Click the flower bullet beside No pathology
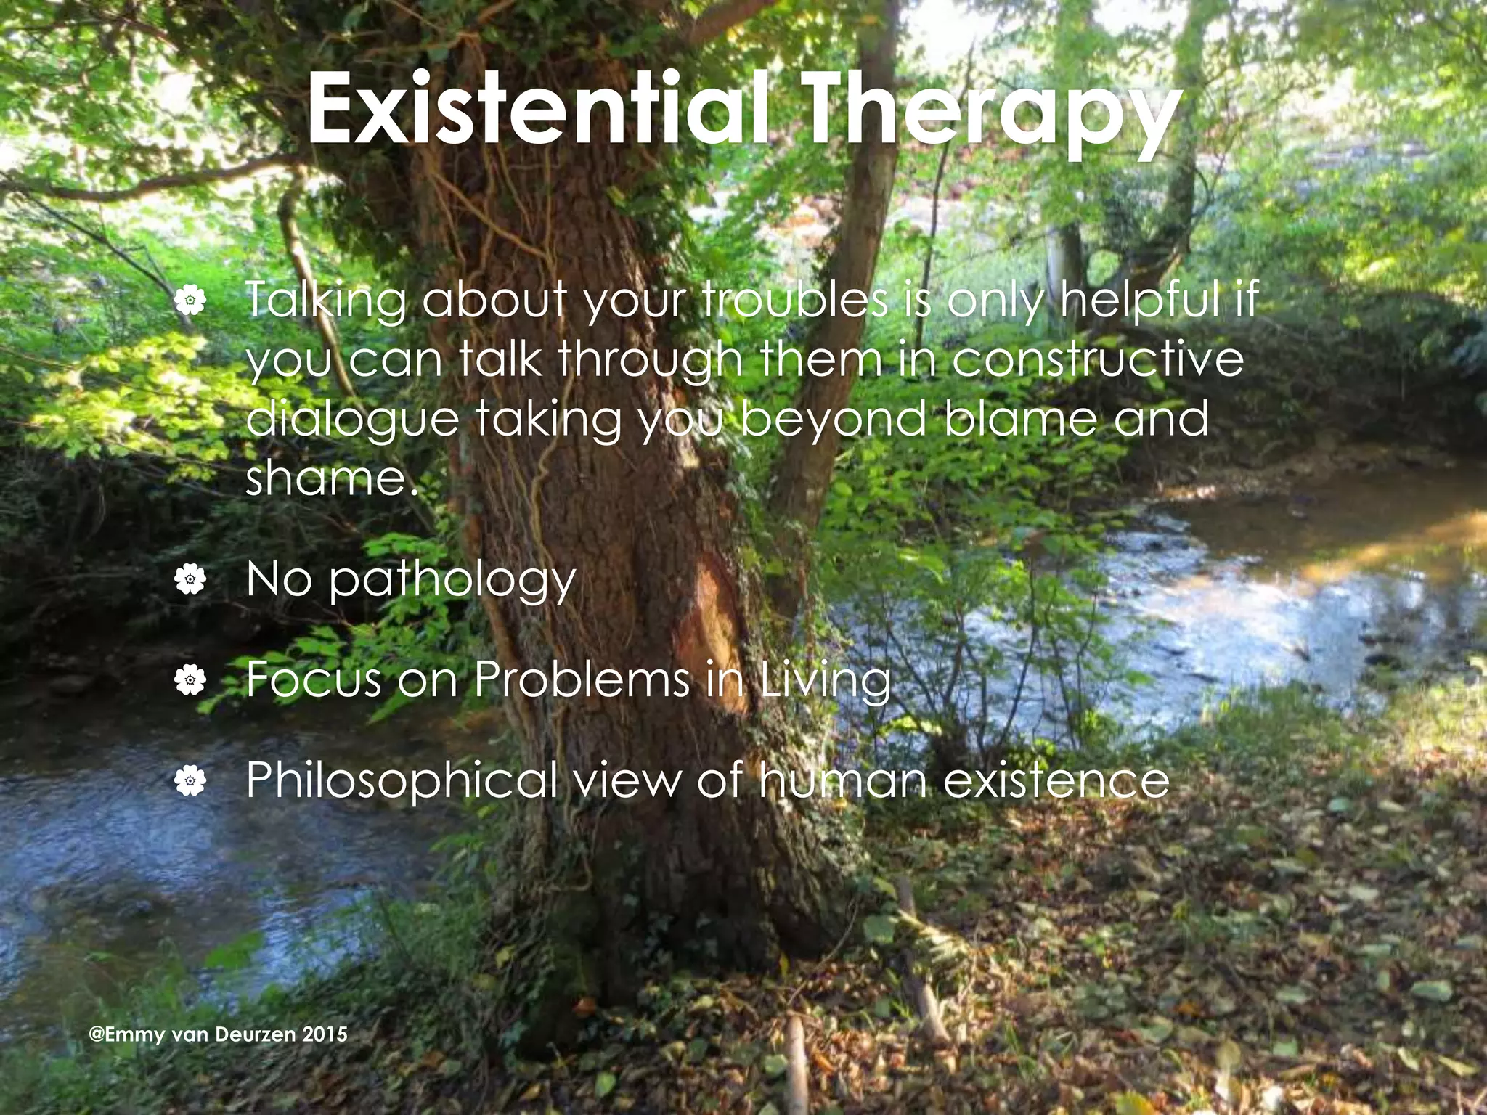click(x=190, y=579)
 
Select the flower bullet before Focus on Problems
click(x=190, y=680)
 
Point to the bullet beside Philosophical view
click(x=190, y=781)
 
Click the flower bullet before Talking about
click(x=190, y=300)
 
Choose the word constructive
click(x=1097, y=359)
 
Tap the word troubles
click(x=794, y=299)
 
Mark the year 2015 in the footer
click(x=325, y=1034)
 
